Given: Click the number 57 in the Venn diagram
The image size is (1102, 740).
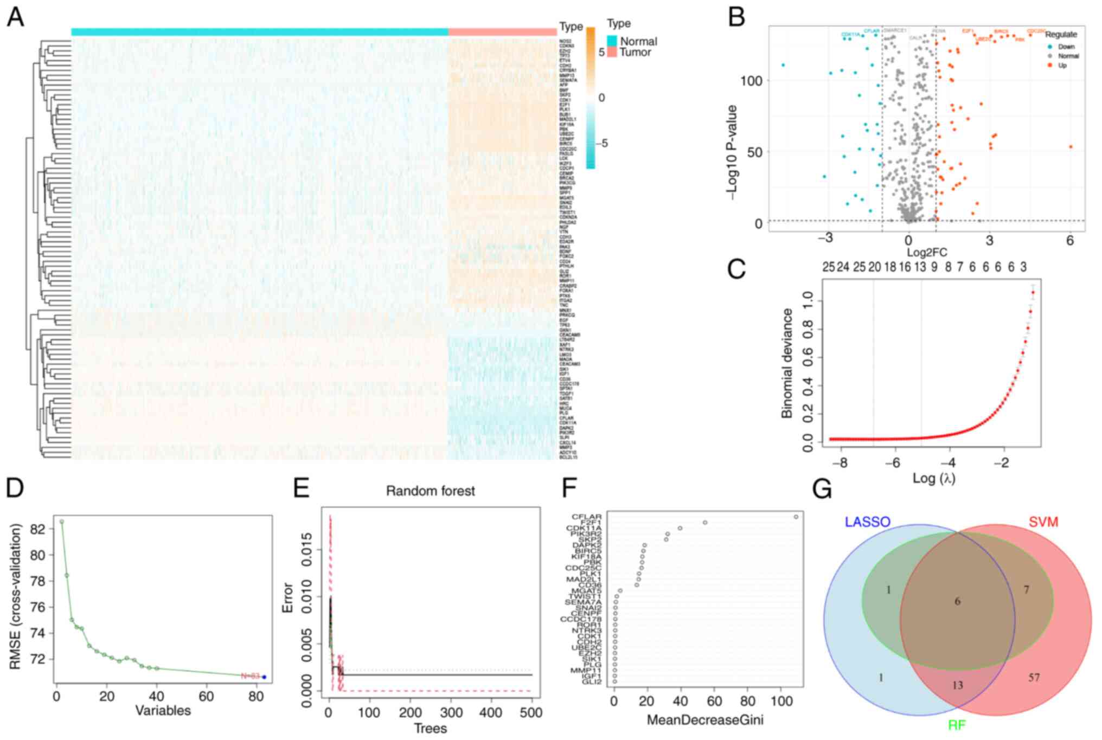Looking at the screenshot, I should pyautogui.click(x=1034, y=677).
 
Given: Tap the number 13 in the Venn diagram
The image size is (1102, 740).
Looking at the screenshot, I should pyautogui.click(x=957, y=685).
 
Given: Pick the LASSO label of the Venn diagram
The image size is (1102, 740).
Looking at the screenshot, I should pyautogui.click(x=867, y=522).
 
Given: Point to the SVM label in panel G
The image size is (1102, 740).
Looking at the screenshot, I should pyautogui.click(x=1043, y=522).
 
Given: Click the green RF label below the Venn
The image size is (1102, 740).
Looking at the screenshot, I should pyautogui.click(x=957, y=725).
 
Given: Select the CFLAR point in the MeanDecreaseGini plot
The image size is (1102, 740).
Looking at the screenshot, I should pyautogui.click(x=796, y=517).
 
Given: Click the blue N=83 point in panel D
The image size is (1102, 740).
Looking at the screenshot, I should pyautogui.click(x=264, y=677).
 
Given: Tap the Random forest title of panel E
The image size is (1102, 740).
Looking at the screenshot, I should pyautogui.click(x=430, y=491).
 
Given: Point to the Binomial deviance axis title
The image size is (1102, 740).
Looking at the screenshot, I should pyautogui.click(x=787, y=363).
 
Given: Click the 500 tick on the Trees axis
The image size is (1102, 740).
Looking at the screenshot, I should pyautogui.click(x=531, y=712).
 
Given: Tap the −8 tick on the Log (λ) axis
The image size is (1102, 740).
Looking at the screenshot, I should pyautogui.click(x=840, y=464).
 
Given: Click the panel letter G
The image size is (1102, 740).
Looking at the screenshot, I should pyautogui.click(x=822, y=490).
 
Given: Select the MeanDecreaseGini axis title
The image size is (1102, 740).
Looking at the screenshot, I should pyautogui.click(x=705, y=720).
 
